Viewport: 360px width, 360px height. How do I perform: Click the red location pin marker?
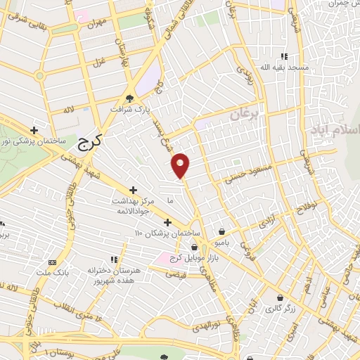click(x=181, y=165)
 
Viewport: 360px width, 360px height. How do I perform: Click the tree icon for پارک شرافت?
click(x=129, y=98)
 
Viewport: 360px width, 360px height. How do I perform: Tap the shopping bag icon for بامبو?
click(x=222, y=231)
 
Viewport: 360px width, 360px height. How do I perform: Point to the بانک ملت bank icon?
click(x=52, y=262)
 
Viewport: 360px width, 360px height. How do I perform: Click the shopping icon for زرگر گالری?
click(x=281, y=297)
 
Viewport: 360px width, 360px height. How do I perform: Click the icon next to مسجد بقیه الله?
click(x=284, y=56)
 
